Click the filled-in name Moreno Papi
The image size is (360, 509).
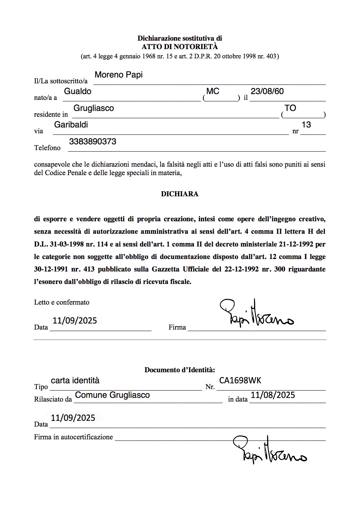coord(118,75)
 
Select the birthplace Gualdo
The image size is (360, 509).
coord(78,91)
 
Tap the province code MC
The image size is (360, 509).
coord(213,91)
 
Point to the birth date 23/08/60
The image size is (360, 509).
coord(267,91)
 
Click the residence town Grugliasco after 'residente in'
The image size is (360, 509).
coord(93,108)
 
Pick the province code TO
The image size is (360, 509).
coord(290,108)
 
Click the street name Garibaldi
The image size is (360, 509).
coord(71,125)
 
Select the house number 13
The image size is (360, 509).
coord(306,125)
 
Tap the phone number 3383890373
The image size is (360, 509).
coord(93,142)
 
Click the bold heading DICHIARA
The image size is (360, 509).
coord(180,194)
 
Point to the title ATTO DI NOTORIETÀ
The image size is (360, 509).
coord(180,47)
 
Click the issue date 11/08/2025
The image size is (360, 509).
coord(273,395)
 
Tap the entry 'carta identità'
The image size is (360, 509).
coord(75,381)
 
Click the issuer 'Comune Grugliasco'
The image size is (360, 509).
coord(112,395)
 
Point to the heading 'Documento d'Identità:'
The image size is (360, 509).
coord(180,370)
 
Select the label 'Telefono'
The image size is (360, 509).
coord(47,148)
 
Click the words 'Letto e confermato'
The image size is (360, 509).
coord(62,302)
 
